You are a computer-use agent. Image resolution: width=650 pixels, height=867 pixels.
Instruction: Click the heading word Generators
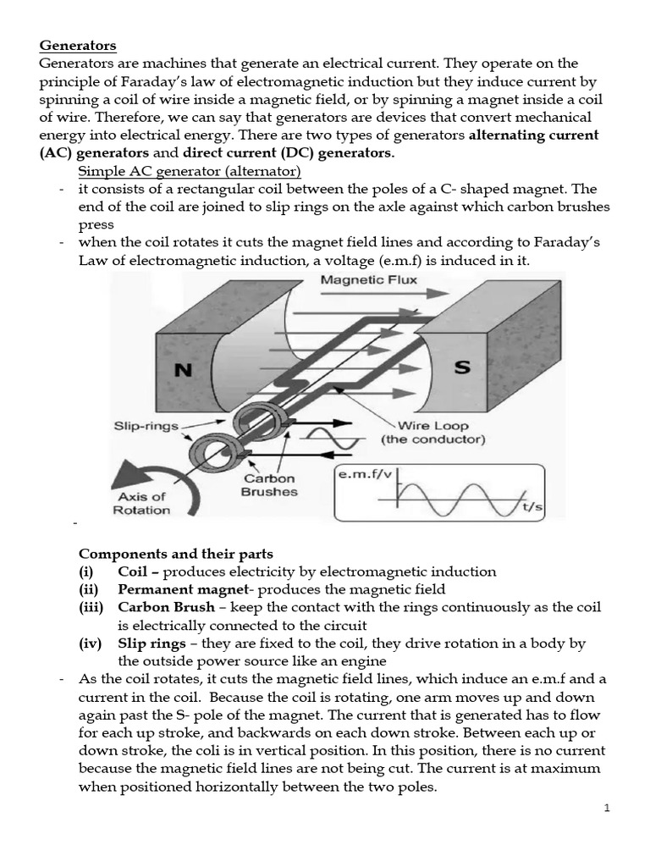(78, 45)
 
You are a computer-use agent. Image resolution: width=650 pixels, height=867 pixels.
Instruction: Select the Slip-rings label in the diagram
(146, 426)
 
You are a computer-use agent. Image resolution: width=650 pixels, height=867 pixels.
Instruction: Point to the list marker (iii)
(91, 608)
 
